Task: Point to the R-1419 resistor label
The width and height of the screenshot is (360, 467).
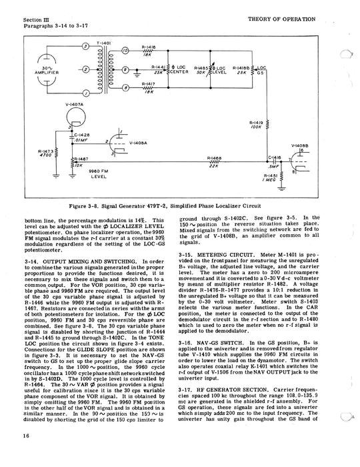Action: [x=257, y=124]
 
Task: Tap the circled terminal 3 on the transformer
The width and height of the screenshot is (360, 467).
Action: [x=85, y=47]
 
